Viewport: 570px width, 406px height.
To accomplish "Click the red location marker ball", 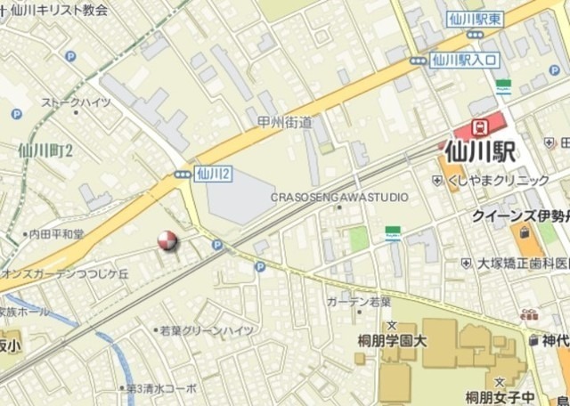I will [167, 240].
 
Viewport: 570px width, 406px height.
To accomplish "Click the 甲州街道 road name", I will [285, 122].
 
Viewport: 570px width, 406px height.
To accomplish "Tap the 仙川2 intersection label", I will [213, 175].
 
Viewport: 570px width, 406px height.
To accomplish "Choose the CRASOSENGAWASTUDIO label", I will [339, 197].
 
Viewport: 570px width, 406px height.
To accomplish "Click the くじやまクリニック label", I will [498, 180].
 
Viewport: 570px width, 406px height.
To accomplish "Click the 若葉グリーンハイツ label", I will [207, 330].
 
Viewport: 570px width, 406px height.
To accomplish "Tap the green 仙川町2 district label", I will [46, 149].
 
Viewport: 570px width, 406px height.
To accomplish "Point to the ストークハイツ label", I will [77, 102].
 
